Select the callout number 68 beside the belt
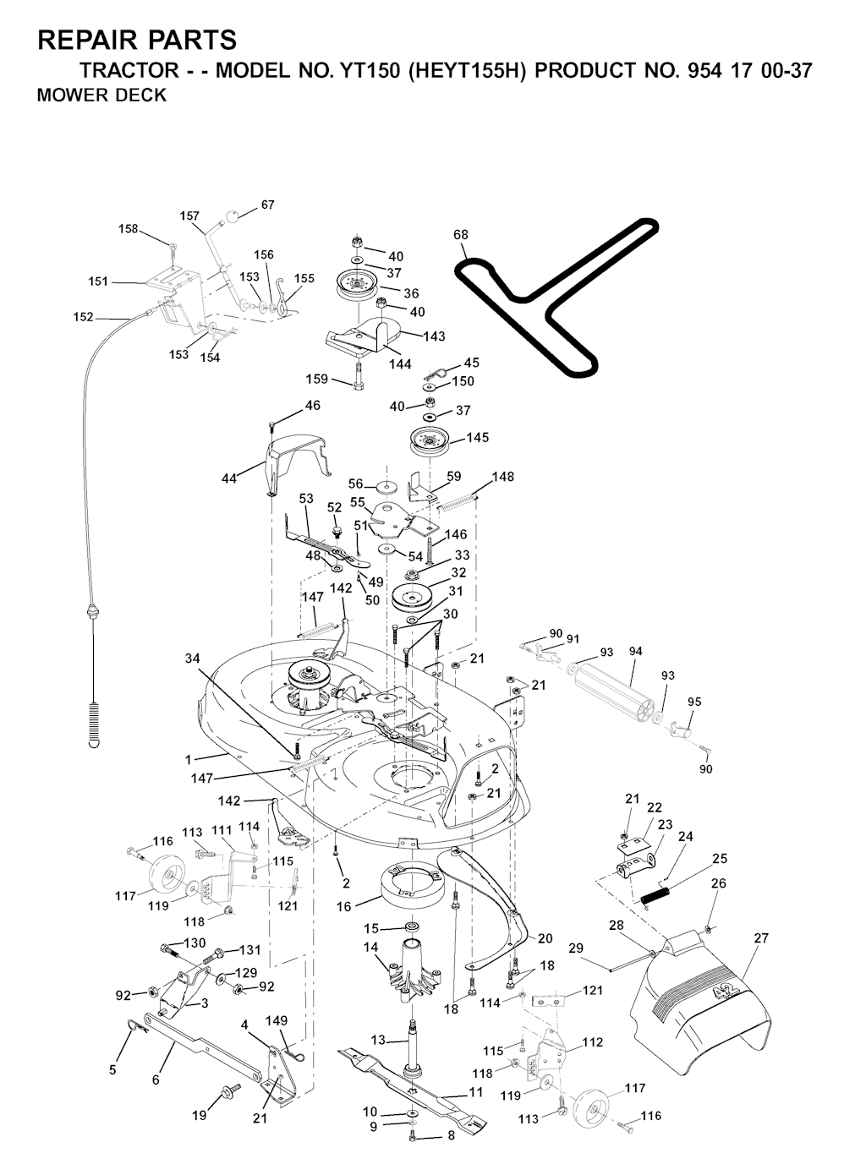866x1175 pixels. (461, 234)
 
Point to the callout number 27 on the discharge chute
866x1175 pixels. (760, 938)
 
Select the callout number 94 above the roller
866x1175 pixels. (635, 652)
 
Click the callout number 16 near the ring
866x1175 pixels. (343, 907)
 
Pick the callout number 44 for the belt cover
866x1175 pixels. (229, 478)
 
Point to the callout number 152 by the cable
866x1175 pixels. (83, 317)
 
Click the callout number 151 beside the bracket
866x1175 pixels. (97, 281)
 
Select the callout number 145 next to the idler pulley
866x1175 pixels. (478, 438)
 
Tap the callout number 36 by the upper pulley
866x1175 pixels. (411, 293)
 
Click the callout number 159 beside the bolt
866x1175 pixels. (317, 379)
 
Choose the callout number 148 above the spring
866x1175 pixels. (503, 477)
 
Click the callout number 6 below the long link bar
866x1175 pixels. (156, 1080)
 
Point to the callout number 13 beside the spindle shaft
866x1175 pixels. (378, 1040)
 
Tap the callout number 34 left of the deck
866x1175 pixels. (193, 659)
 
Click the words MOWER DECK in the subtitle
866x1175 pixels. (101, 96)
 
